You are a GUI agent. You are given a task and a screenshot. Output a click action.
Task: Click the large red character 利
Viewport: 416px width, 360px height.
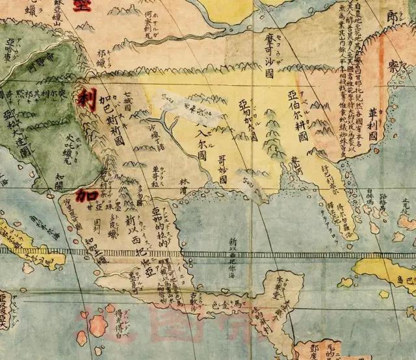pos(85,99)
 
